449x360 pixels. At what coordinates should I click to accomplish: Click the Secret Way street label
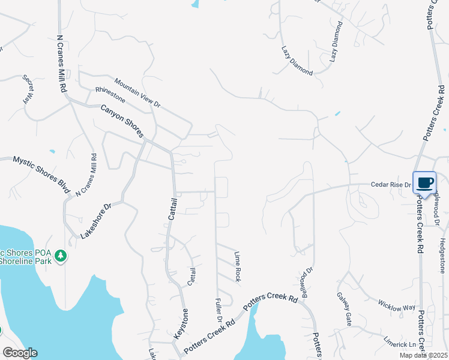[28, 89]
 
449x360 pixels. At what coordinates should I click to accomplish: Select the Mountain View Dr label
[137, 94]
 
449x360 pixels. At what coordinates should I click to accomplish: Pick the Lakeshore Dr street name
[96, 221]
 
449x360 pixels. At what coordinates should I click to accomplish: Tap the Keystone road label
[180, 323]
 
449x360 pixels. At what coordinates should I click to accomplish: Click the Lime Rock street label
[238, 267]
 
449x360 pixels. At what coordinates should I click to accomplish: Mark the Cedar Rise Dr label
[391, 185]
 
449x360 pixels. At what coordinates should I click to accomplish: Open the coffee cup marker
[425, 183]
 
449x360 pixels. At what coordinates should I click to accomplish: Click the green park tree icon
[60, 257]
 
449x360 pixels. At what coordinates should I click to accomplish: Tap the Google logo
[19, 353]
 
